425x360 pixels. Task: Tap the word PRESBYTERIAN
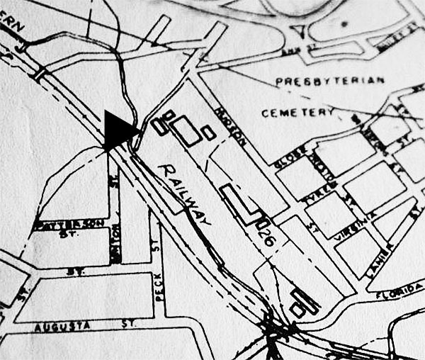[x=329, y=80]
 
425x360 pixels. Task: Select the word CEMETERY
[x=297, y=113]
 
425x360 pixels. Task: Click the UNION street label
[x=115, y=239]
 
